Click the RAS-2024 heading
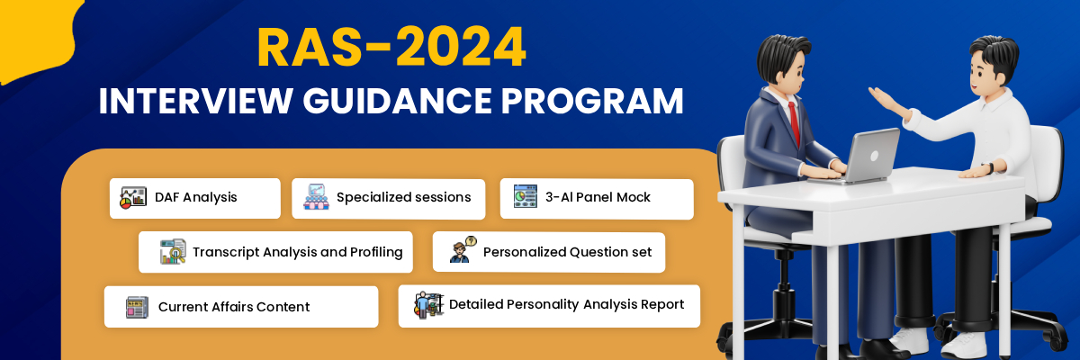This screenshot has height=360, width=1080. click(x=391, y=49)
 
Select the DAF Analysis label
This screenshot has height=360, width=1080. click(x=195, y=197)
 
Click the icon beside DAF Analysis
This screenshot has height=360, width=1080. click(x=133, y=197)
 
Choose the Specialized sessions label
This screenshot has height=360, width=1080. click(x=403, y=197)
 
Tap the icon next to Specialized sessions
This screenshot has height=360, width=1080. click(x=316, y=197)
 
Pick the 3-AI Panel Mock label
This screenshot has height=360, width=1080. click(x=598, y=197)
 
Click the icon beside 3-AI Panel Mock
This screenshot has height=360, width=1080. click(x=525, y=197)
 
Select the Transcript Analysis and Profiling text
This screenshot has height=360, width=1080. click(x=297, y=252)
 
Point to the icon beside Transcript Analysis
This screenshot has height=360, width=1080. click(x=172, y=252)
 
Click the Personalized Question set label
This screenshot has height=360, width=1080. click(x=567, y=252)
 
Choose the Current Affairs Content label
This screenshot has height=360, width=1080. click(x=234, y=307)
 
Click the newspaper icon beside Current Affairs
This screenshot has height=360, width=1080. click(x=137, y=307)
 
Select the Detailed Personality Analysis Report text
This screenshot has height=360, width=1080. click(x=566, y=304)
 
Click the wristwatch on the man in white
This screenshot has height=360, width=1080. click(x=987, y=167)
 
